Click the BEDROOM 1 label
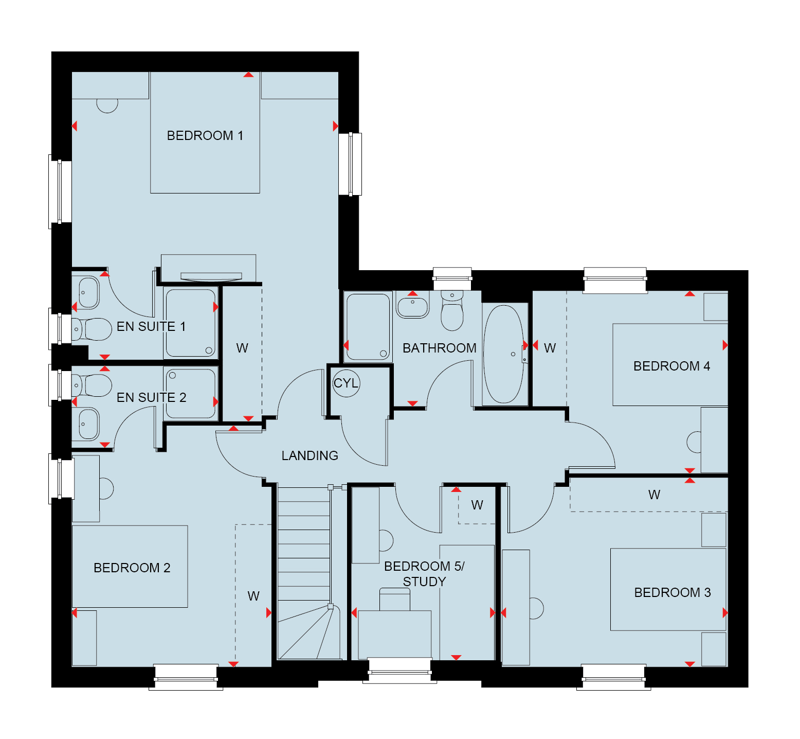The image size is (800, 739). pos(205,135)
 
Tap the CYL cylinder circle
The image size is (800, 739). pos(346,383)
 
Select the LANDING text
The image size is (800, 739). pos(310,455)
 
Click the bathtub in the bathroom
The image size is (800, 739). pos(503,355)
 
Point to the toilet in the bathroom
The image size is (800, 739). pos(452,311)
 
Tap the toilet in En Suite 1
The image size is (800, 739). pos(92,329)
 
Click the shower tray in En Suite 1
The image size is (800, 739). pos(191,323)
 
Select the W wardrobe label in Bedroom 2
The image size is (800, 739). pos(253,596)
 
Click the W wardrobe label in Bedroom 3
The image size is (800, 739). pos(654,495)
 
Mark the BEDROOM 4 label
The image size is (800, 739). pos(671,366)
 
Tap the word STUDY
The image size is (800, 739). pos(424,582)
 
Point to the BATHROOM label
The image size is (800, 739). pos(440,348)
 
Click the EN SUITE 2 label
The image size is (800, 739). pos(151,397)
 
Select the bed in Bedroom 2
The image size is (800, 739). pos(130,566)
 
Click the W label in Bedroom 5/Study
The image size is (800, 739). pos(477,505)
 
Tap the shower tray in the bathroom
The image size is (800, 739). pos(368,326)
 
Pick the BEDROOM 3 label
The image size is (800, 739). pos(672,592)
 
